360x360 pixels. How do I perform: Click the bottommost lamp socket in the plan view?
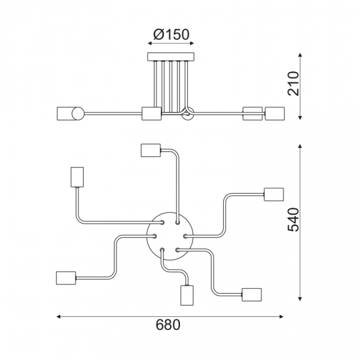(x=186, y=296)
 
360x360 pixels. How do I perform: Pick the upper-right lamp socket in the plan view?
(x=273, y=194)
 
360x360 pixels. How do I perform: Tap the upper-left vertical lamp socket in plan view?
(x=75, y=177)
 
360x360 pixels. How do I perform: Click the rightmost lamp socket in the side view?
(x=275, y=114)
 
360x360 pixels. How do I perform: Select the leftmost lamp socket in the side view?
(x=67, y=114)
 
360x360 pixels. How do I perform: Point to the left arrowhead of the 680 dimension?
(x=60, y=316)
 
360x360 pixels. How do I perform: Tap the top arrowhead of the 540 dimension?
(x=300, y=146)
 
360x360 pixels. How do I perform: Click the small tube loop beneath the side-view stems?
(x=187, y=115)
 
